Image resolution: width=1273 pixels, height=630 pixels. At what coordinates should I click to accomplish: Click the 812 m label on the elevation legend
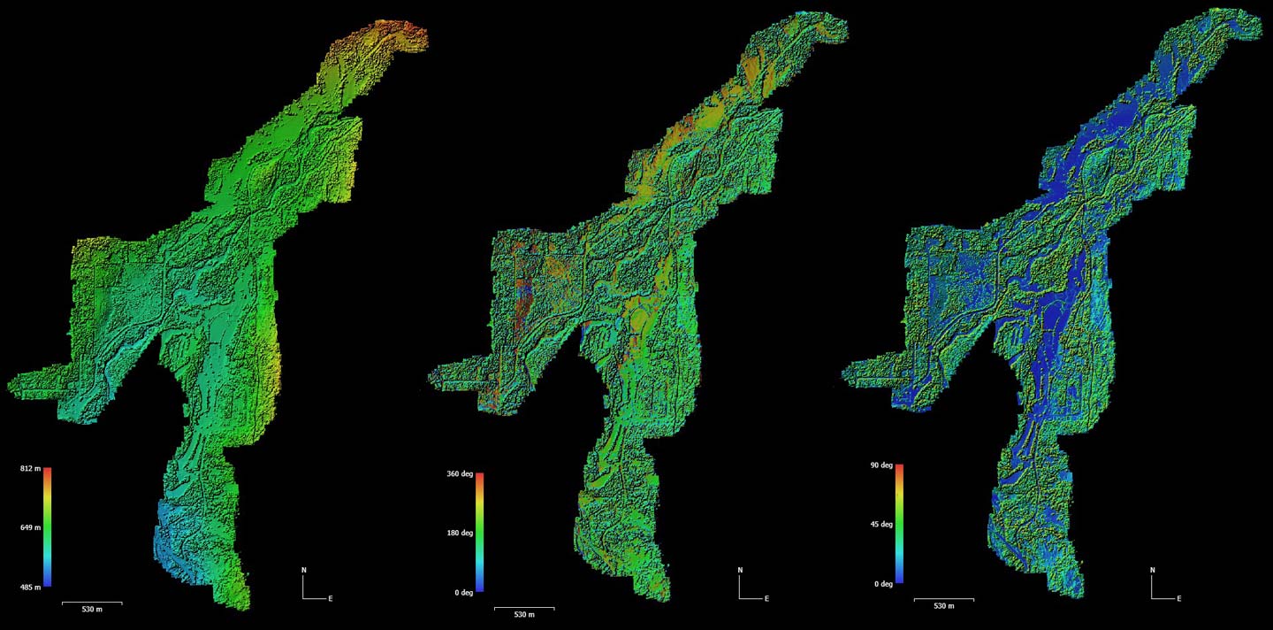30,468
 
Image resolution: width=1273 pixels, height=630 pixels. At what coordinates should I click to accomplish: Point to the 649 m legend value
30,527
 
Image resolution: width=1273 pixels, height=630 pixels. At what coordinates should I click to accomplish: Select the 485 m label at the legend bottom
30,587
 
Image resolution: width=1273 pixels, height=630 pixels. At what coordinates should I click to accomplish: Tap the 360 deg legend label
460,474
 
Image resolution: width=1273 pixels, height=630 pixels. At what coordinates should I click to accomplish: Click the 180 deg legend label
460,534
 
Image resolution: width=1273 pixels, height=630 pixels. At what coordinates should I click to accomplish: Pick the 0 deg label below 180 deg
463,593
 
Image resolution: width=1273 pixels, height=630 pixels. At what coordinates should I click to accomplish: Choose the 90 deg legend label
881,465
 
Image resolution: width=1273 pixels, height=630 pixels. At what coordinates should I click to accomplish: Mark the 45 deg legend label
881,525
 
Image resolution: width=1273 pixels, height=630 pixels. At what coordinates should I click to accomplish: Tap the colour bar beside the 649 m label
48,527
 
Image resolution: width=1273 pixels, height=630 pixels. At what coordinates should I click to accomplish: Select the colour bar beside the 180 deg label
480,534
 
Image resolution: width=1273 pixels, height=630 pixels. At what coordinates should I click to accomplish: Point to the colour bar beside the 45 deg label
899,525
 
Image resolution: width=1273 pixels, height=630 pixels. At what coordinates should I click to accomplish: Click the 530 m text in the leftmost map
92,611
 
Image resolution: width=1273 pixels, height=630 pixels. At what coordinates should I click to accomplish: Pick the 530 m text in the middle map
524,615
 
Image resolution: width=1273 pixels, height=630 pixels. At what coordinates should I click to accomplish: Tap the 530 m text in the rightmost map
944,606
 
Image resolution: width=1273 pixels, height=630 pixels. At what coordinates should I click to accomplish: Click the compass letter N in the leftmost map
303,570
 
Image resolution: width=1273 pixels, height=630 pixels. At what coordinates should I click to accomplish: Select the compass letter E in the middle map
766,599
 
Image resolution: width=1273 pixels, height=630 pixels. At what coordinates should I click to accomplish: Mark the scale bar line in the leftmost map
92,603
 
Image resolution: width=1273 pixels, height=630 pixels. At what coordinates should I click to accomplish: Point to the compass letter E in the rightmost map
1179,599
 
